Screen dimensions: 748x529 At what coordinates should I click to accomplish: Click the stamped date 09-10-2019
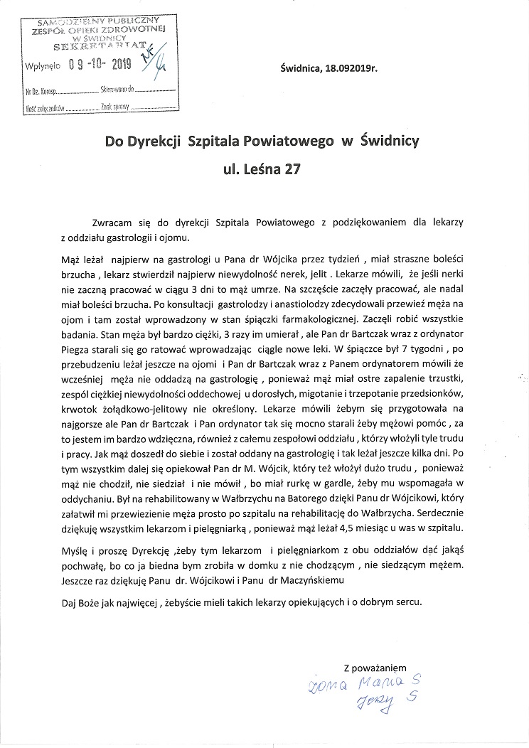[100, 65]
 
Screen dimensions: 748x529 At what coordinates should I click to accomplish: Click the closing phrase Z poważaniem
[375, 668]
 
